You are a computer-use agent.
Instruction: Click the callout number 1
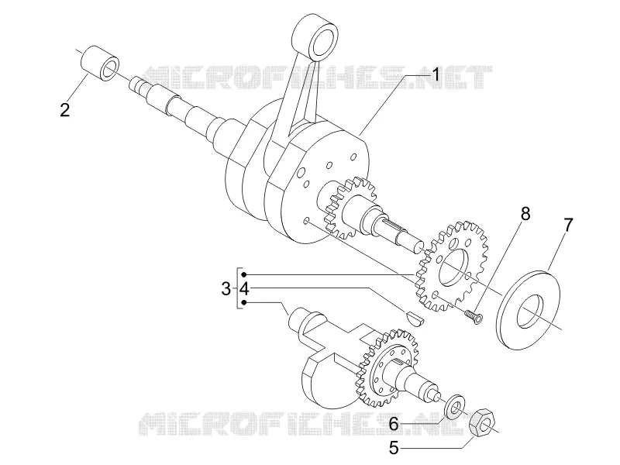[436, 74]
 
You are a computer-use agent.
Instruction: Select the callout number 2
[65, 109]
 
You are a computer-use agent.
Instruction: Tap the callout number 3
[226, 289]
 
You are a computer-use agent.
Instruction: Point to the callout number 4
[244, 289]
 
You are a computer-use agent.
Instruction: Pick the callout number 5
[394, 449]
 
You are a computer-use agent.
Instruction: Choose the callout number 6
[394, 424]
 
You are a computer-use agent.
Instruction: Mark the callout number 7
[568, 225]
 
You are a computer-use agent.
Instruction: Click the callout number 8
[525, 214]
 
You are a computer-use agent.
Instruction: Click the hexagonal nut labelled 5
[481, 423]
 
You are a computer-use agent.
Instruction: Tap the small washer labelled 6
[455, 405]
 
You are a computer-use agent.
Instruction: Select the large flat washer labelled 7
[529, 309]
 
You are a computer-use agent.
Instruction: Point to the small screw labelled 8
[473, 317]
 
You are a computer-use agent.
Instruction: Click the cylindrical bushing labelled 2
[100, 64]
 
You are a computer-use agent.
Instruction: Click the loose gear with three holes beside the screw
[452, 266]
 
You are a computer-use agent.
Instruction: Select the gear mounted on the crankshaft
[345, 208]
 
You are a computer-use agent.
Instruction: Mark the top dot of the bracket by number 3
[244, 274]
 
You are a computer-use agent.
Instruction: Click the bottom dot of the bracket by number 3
[244, 302]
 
